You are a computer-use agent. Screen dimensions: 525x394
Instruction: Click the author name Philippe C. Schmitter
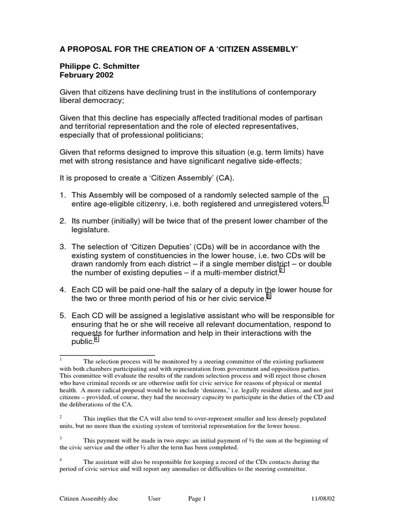click(x=101, y=66)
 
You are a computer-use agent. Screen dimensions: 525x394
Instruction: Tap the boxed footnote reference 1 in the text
click(x=326, y=200)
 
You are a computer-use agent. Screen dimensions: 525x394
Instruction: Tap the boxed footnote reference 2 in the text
click(x=282, y=270)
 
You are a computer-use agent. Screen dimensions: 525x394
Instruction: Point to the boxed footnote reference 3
click(x=268, y=296)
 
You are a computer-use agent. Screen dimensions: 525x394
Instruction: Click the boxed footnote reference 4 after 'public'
click(x=96, y=340)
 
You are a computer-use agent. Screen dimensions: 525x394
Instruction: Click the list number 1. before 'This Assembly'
click(x=63, y=195)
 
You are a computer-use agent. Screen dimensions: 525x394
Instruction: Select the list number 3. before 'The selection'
click(x=63, y=246)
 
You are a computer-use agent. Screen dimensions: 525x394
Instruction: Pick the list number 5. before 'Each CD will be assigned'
click(x=63, y=316)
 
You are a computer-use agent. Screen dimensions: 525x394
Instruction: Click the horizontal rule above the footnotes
click(x=107, y=355)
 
